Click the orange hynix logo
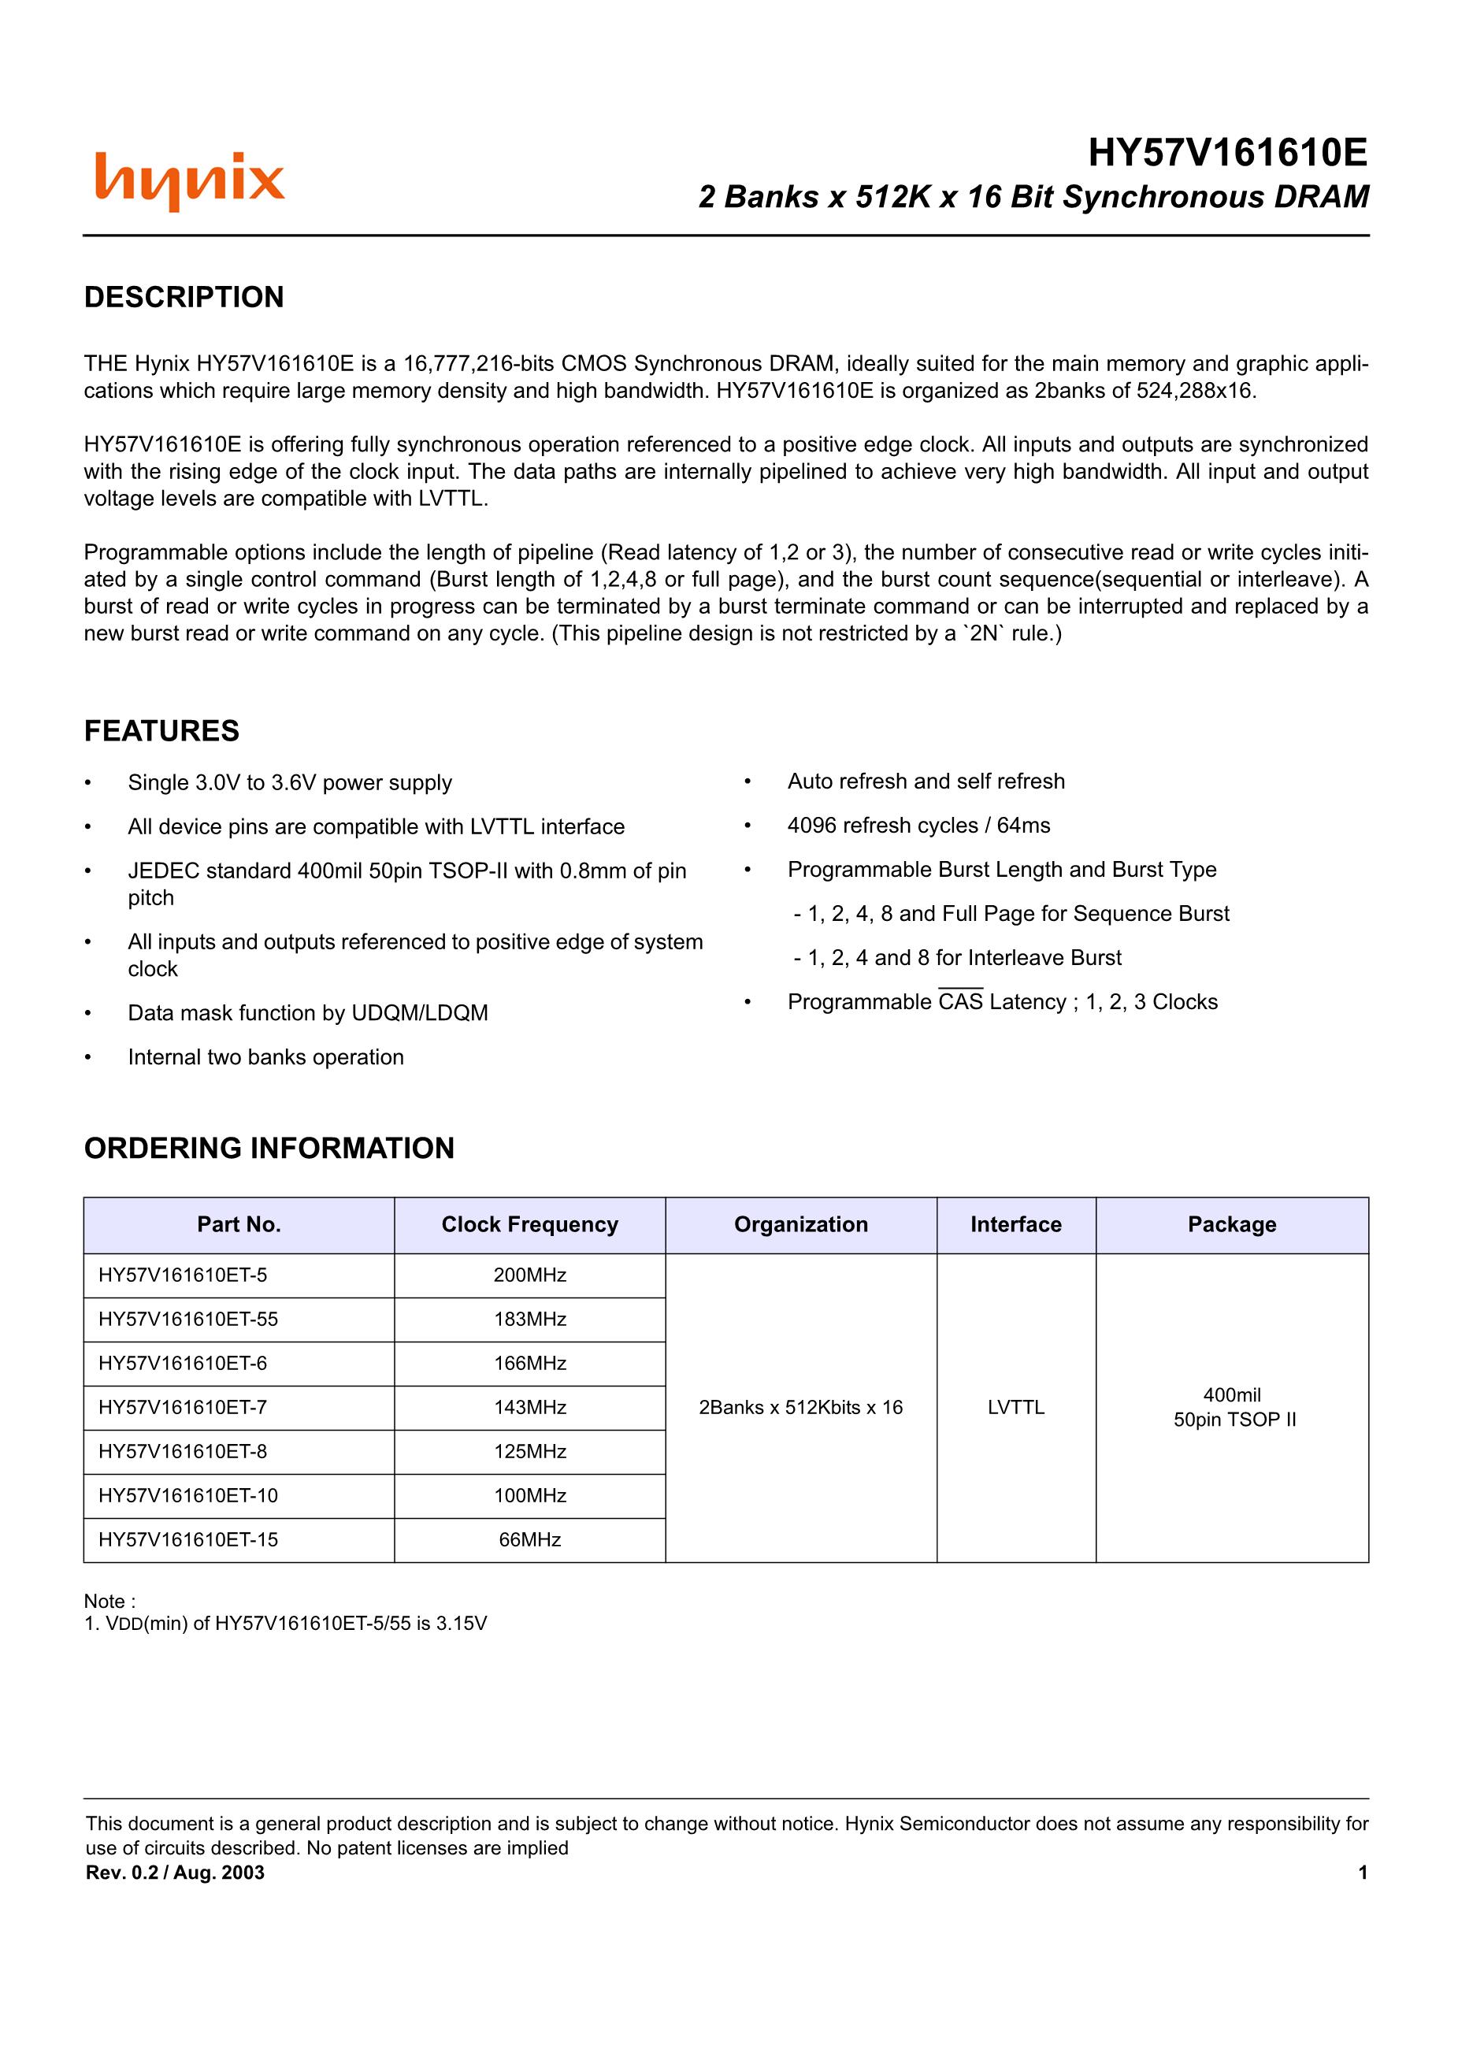click(x=190, y=180)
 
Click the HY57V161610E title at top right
click(x=1227, y=154)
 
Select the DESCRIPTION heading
click(x=184, y=298)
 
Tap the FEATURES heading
click(x=161, y=731)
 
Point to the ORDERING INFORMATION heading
click(x=269, y=1148)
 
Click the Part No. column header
click(x=239, y=1224)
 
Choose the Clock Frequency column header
click(x=529, y=1224)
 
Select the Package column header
click(x=1231, y=1224)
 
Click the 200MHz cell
click(x=529, y=1275)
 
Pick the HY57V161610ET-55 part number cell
click(x=189, y=1319)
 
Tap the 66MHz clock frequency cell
click(x=529, y=1540)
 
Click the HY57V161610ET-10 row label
click(x=189, y=1496)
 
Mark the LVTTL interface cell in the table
click(x=1016, y=1408)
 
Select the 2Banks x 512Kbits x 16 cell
click(x=800, y=1408)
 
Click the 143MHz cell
click(x=529, y=1408)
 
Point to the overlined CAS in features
click(x=960, y=1002)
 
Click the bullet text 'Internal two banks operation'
click(x=265, y=1057)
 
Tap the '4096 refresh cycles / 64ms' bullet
click(x=918, y=826)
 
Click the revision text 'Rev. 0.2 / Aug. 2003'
click(x=176, y=1873)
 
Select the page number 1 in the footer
click(x=1363, y=1873)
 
